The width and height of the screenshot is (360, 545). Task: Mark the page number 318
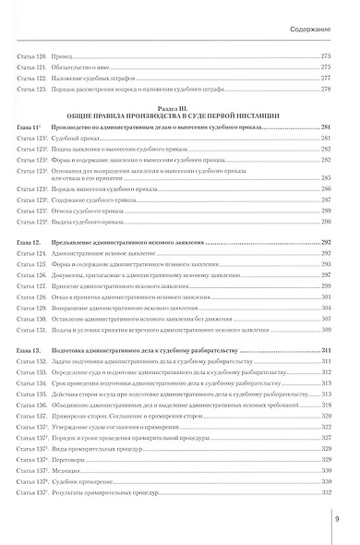325,405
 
